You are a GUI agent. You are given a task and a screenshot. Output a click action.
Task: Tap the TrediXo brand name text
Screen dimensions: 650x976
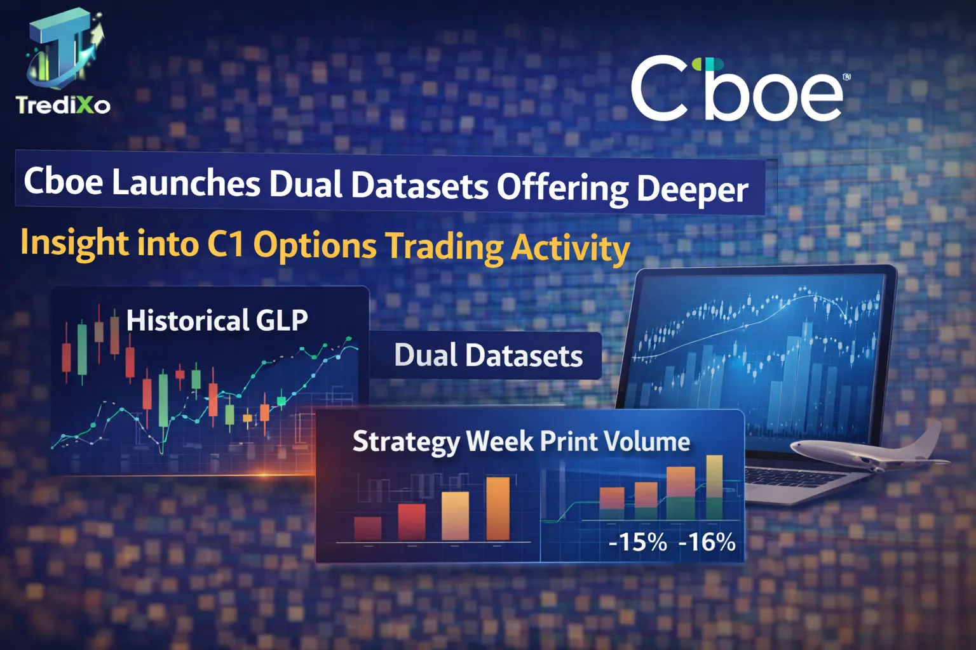63,105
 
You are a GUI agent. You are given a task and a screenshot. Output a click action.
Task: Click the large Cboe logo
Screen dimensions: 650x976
737,89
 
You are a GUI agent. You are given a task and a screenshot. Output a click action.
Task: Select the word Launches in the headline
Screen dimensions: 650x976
186,183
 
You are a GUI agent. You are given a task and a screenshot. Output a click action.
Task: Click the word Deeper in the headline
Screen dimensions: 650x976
692,189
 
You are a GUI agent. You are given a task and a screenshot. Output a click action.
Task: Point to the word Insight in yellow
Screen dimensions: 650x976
74,243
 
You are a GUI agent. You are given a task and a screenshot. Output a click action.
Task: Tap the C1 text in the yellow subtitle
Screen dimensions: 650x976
226,244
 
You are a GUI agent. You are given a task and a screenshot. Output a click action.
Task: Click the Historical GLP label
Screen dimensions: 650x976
217,320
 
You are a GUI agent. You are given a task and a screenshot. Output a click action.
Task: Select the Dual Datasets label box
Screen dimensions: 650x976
487,355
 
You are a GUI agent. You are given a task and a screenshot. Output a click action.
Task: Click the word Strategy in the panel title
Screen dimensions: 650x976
405,442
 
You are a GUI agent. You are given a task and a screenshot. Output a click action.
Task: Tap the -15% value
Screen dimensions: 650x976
637,542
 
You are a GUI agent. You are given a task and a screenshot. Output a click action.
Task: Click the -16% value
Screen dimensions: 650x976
707,542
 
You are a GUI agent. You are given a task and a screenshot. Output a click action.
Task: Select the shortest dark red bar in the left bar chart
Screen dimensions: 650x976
367,529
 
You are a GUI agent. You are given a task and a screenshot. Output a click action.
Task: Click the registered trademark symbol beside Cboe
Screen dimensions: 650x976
846,77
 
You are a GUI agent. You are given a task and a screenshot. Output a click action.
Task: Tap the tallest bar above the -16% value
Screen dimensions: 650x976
714,486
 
